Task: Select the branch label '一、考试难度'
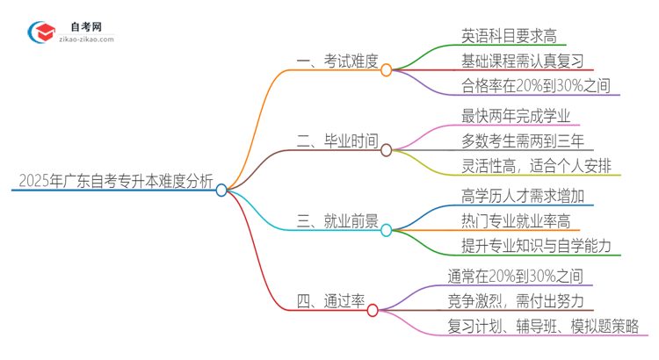[x=336, y=61]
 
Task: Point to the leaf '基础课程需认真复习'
[x=521, y=61]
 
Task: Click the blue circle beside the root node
[x=221, y=190]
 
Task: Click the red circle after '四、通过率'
[x=373, y=310]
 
